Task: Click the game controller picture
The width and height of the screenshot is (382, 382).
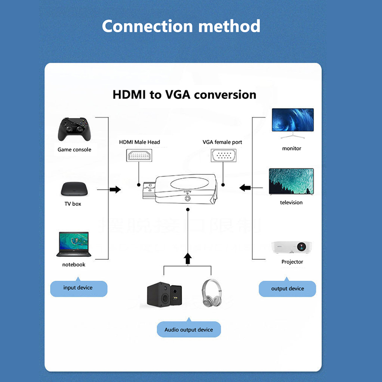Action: click(74, 129)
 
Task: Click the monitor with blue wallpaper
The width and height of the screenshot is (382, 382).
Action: click(292, 120)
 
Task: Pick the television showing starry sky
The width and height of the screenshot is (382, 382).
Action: click(291, 181)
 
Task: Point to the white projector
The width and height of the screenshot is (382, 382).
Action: click(292, 247)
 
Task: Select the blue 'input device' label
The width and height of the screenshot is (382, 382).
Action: click(78, 288)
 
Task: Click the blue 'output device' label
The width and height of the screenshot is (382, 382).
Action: click(287, 288)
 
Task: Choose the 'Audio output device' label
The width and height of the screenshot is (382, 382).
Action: click(189, 329)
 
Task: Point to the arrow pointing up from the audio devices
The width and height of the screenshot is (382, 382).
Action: click(188, 259)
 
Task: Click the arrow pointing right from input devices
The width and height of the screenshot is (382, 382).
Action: click(115, 190)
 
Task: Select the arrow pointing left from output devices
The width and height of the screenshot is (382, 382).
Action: click(245, 188)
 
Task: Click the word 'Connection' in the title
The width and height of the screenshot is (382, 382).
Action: click(148, 26)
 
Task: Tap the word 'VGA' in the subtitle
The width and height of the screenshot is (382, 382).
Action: click(179, 95)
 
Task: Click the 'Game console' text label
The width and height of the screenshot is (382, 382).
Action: click(74, 149)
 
